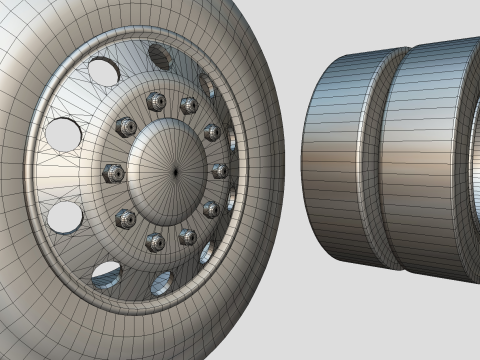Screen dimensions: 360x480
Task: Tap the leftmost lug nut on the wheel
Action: click(113, 173)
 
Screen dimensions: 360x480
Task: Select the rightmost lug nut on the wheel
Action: click(219, 171)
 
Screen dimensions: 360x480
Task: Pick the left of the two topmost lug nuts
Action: click(155, 100)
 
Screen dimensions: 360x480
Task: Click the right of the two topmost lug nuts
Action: click(188, 104)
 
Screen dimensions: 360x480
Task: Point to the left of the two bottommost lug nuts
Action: click(155, 241)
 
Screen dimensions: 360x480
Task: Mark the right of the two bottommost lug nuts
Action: click(187, 236)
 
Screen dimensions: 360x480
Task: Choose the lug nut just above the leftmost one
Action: click(126, 127)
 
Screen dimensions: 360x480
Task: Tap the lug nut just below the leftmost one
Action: click(126, 217)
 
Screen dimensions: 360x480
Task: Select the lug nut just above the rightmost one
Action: click(212, 132)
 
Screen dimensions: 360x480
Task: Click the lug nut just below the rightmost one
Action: click(211, 209)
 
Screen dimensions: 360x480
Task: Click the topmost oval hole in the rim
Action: click(160, 56)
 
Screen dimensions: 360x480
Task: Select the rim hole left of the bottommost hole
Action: click(106, 272)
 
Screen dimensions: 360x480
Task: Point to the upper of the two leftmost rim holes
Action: click(63, 133)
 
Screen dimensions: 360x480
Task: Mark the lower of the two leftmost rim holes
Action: click(65, 214)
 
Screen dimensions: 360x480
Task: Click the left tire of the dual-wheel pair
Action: click(340, 160)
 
